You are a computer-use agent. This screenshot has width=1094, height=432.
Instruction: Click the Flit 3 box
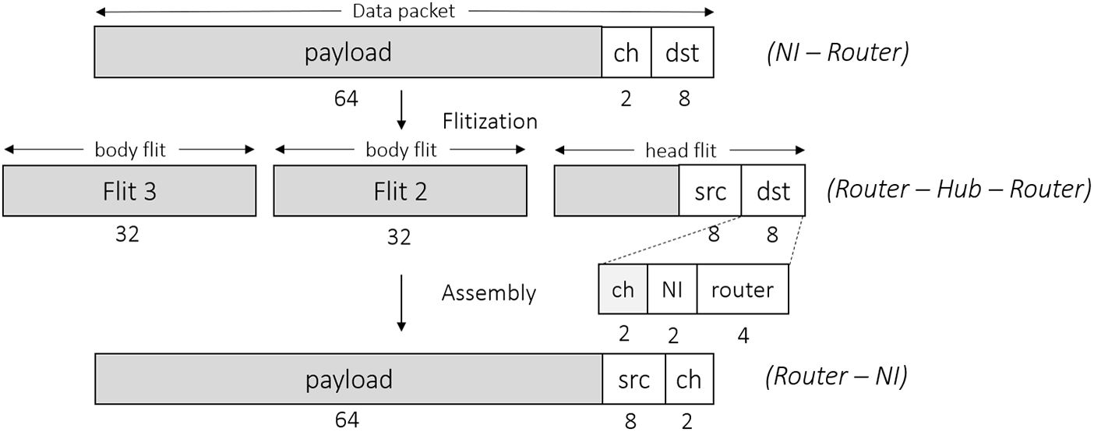[x=129, y=191]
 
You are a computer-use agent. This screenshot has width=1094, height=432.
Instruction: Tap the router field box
[x=742, y=290]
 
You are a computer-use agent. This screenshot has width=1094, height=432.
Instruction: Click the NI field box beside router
[x=672, y=290]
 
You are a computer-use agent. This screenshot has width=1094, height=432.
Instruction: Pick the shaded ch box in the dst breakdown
[x=623, y=290]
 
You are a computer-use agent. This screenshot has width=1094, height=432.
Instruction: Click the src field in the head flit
[x=710, y=191]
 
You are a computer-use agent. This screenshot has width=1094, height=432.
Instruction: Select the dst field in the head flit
[x=772, y=191]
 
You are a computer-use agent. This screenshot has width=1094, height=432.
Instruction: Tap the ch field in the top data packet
[x=626, y=53]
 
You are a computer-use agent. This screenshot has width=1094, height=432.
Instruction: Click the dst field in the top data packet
[x=682, y=53]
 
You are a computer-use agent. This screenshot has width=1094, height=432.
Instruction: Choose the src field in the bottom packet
[x=633, y=379]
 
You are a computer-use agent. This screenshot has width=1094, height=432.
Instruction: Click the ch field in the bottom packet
[x=689, y=379]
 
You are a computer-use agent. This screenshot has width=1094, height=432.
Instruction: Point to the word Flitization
[x=489, y=122]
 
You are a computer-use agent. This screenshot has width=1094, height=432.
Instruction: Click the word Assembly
[x=489, y=292]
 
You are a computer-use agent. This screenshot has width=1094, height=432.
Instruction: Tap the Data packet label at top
[x=404, y=11]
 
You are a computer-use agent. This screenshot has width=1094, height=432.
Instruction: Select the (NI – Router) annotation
[x=838, y=53]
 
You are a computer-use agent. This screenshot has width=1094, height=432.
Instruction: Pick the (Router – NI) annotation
[x=835, y=377]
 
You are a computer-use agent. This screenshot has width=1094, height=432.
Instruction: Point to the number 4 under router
[x=743, y=335]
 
